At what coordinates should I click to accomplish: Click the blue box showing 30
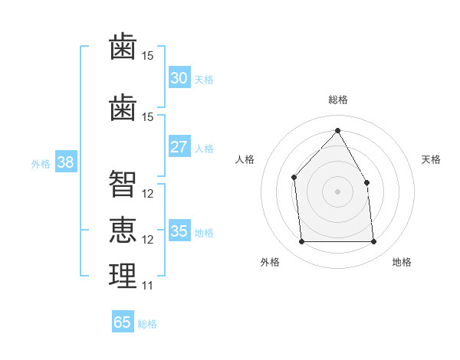click(179, 78)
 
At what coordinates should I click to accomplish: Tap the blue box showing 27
click(179, 147)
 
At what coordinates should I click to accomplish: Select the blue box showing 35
click(179, 231)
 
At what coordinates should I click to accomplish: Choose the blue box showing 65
click(122, 322)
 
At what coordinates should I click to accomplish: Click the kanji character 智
click(123, 184)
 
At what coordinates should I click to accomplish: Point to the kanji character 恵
click(123, 230)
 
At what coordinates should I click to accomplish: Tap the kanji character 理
click(123, 276)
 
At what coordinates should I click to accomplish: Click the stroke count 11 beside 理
click(148, 286)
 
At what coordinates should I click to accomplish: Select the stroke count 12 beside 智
click(148, 194)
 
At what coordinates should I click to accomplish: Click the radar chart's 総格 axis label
click(337, 100)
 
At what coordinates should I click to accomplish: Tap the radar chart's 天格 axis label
click(431, 159)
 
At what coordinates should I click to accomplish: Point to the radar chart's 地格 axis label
click(402, 262)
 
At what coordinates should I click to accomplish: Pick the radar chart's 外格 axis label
click(270, 262)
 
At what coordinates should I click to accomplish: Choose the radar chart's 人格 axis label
click(245, 159)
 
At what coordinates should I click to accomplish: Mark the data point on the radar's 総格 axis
click(337, 130)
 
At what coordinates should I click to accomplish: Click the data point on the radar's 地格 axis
click(374, 242)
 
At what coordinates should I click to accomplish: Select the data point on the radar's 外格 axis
click(301, 242)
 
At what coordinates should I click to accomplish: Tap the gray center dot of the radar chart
click(337, 191)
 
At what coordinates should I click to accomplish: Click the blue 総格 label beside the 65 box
click(147, 324)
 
